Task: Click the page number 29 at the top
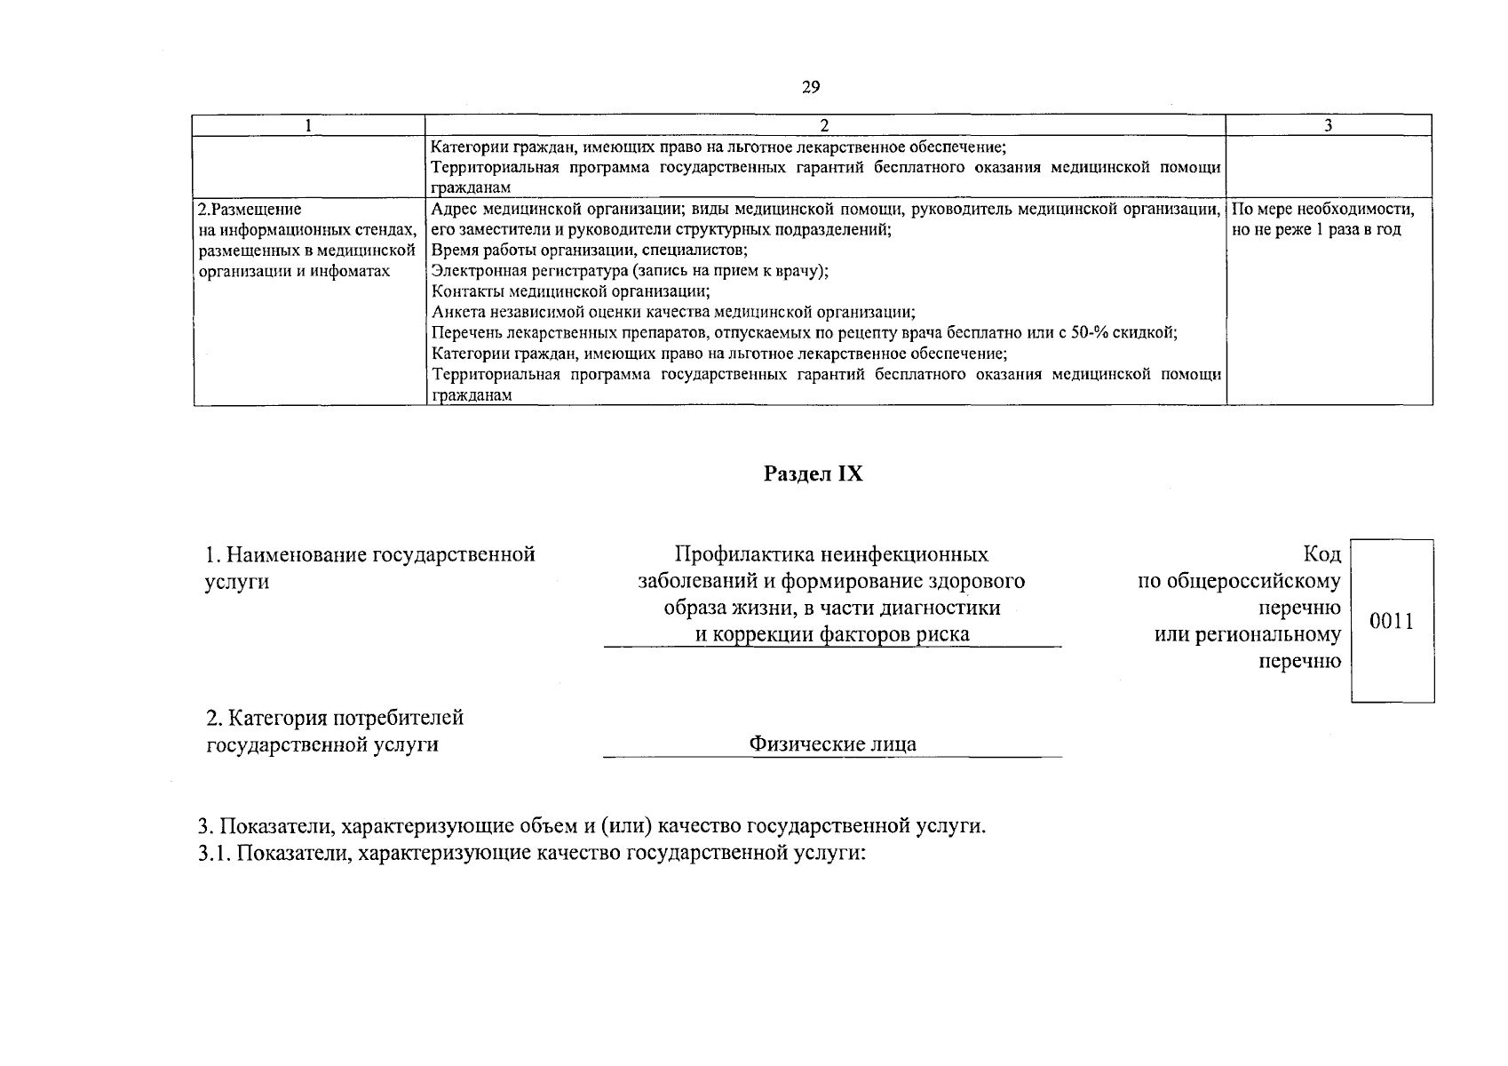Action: pyautogui.click(x=810, y=87)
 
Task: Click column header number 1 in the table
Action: pyautogui.click(x=308, y=125)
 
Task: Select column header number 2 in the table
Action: pyautogui.click(x=825, y=125)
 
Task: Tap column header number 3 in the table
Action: pyautogui.click(x=1328, y=125)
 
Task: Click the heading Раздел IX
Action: pyautogui.click(x=813, y=474)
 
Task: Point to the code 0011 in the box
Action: pyautogui.click(x=1391, y=621)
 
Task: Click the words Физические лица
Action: pyautogui.click(x=832, y=744)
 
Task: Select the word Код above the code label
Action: pyautogui.click(x=1321, y=555)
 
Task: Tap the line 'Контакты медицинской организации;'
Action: pyautogui.click(x=570, y=291)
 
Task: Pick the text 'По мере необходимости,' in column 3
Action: pyautogui.click(x=1323, y=211)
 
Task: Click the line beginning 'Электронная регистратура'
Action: pyautogui.click(x=630, y=271)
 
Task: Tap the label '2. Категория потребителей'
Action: pyautogui.click(x=335, y=718)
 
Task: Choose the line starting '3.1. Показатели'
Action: pyautogui.click(x=532, y=855)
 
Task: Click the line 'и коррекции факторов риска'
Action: pyautogui.click(x=832, y=634)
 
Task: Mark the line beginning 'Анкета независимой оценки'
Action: pyautogui.click(x=673, y=312)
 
